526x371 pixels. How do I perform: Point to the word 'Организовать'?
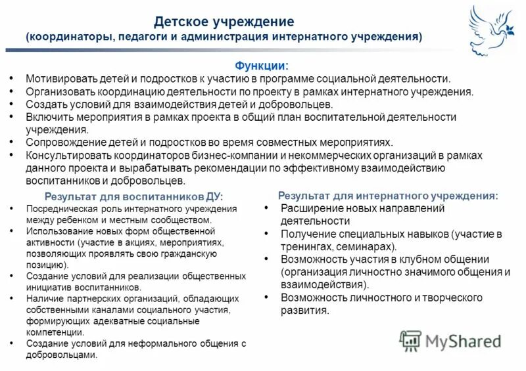point(59,91)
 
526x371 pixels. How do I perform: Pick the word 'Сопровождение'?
point(62,142)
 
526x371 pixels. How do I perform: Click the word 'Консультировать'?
point(66,155)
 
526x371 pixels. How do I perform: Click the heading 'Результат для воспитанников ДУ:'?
point(133,196)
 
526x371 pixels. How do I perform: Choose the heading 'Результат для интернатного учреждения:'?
point(388,196)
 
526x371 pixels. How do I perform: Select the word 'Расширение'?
point(310,208)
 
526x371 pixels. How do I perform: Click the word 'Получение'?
point(306,234)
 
